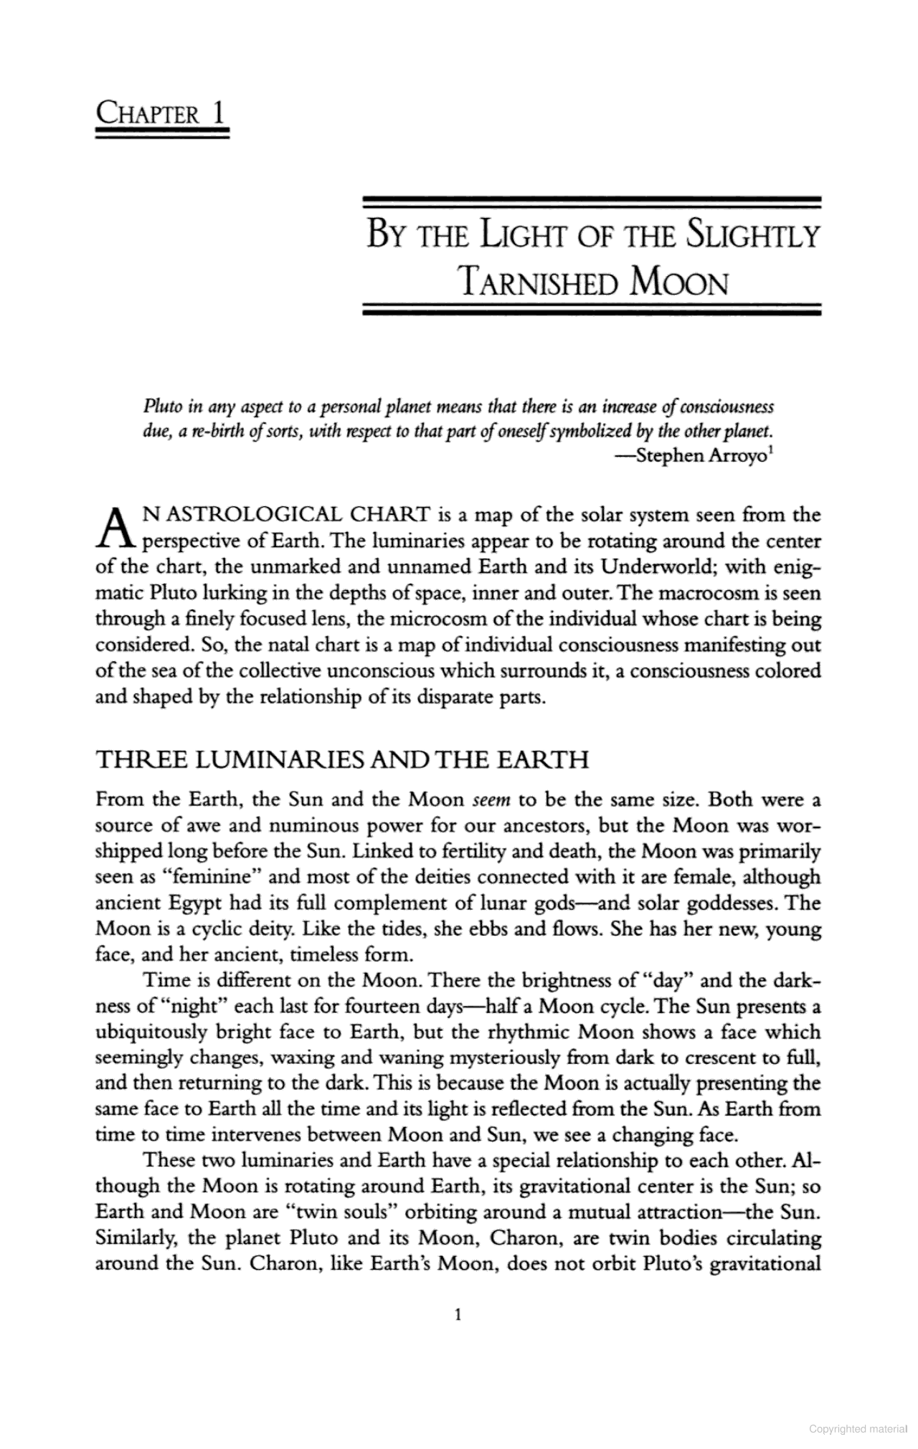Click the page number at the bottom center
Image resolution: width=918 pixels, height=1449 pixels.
coord(458,1314)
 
